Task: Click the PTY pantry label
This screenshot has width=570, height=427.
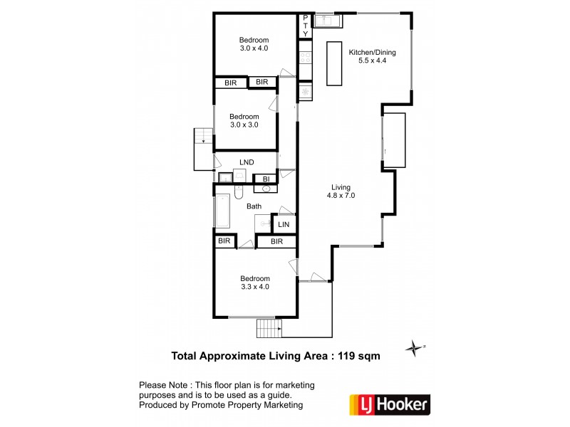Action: coord(306,26)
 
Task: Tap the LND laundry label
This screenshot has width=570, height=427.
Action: coord(247,162)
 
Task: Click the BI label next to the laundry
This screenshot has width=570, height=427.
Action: coord(266,179)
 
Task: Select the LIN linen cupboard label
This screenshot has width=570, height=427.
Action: coord(284,225)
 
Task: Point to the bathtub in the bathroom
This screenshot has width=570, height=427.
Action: coord(222,211)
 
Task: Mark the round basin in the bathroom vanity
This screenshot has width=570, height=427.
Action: coord(266,189)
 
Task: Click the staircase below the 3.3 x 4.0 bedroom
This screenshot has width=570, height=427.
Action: coord(269,329)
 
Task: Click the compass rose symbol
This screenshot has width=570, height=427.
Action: coord(413,348)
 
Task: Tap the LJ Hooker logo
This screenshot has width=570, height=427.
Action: coord(389,404)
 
